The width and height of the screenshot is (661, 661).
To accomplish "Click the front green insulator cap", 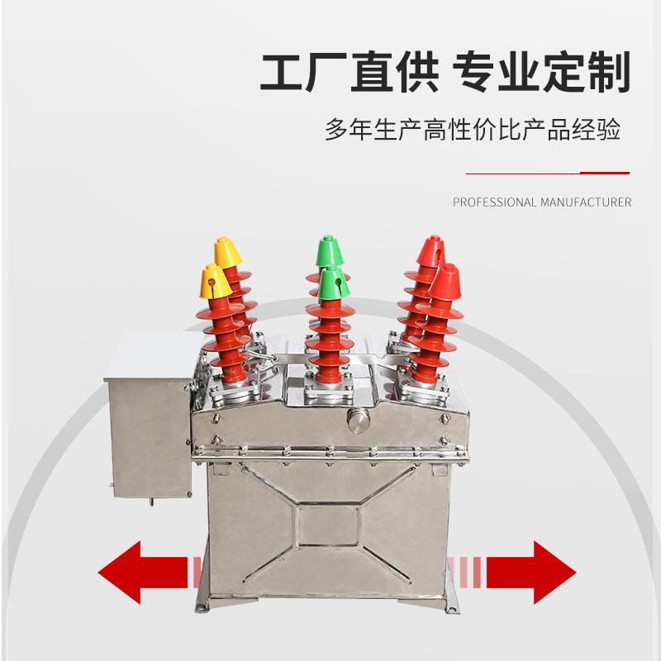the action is point(333,283).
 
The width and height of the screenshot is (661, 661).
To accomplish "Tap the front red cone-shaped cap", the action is point(446,282).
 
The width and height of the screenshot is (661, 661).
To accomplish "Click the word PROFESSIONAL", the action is point(495,202).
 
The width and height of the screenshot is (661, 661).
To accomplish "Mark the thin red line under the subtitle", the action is point(548,174).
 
